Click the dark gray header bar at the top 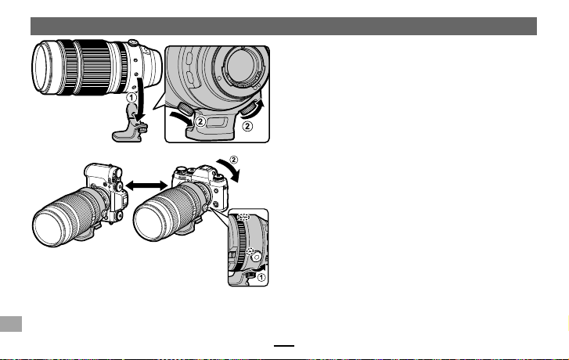tap(283, 26)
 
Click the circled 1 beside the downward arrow tap(131, 98)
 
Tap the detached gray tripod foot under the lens tap(130, 125)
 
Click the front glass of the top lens tap(40, 67)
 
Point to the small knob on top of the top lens tap(133, 42)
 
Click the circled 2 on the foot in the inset tap(200, 121)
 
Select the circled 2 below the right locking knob tap(247, 126)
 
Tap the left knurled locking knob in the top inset tap(185, 109)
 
